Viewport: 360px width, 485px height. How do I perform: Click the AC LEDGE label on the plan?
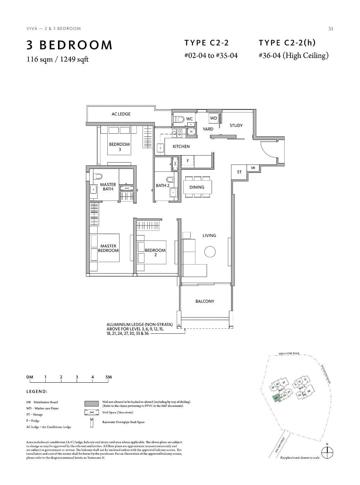click(x=121, y=114)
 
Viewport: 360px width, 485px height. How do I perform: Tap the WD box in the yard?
click(x=213, y=118)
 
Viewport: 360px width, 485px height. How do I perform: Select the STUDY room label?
click(x=236, y=126)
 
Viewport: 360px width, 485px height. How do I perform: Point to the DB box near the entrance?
click(x=253, y=168)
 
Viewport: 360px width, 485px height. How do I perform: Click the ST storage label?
click(x=239, y=172)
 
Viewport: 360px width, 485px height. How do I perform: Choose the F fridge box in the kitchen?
click(x=188, y=161)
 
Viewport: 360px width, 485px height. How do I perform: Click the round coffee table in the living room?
click(x=210, y=252)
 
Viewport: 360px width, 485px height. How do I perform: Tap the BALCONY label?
click(x=204, y=301)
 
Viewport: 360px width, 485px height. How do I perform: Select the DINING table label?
click(x=197, y=187)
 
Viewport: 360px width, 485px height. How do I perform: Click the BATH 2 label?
click(x=162, y=186)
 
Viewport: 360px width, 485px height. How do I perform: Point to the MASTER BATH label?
click(x=108, y=187)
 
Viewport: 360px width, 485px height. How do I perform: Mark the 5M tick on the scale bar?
click(x=109, y=377)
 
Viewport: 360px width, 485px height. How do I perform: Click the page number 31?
click(x=330, y=29)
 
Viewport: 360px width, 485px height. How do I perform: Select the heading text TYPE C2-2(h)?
click(x=287, y=43)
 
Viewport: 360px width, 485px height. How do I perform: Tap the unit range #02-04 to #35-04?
click(x=211, y=56)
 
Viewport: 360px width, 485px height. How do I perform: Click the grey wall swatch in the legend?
click(x=92, y=403)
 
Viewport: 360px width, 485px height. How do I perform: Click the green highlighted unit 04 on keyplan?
click(x=277, y=399)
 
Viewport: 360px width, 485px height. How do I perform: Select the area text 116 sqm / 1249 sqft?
click(x=58, y=59)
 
